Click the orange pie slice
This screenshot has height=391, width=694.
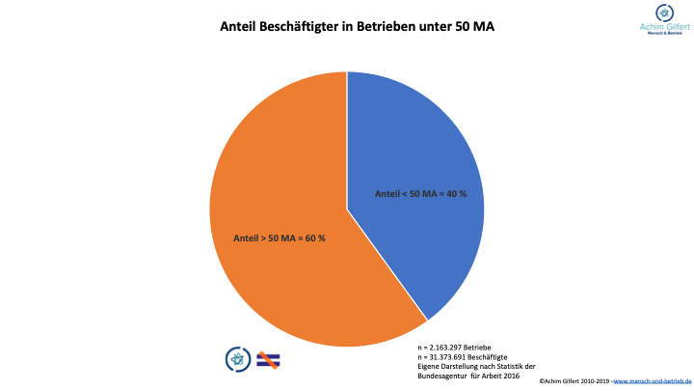click(289, 280)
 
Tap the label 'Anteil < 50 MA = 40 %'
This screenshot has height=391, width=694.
click(420, 194)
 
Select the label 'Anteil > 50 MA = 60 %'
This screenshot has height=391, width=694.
click(280, 237)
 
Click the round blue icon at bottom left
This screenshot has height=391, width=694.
click(236, 359)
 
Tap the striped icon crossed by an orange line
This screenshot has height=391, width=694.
click(268, 359)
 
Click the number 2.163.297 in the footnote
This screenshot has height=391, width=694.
click(445, 346)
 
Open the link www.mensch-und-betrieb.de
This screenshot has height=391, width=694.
click(654, 382)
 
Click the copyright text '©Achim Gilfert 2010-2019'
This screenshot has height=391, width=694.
click(574, 382)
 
